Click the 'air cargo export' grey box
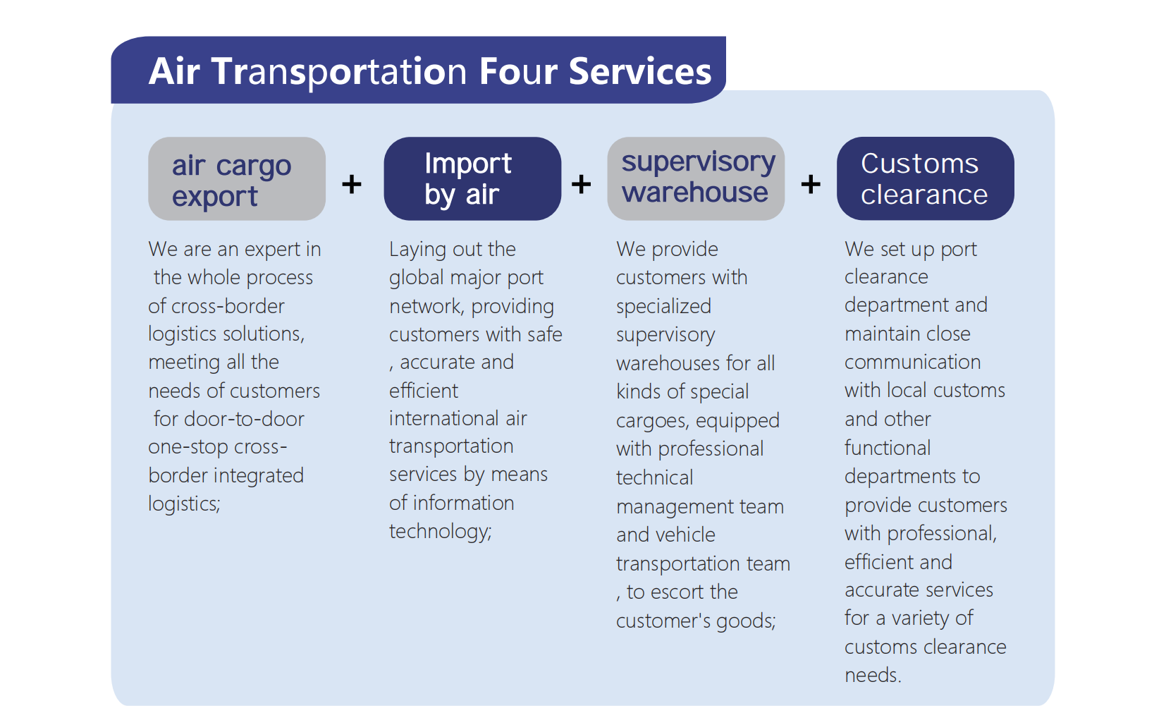pos(237,179)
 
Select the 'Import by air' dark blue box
pos(472,179)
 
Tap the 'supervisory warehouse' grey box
pos(696,179)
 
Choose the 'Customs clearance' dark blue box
pos(925,179)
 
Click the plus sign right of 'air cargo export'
pos(352,185)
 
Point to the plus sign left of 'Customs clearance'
pos(811,185)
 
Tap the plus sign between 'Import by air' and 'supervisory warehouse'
pos(582,185)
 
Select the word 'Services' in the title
pos(640,72)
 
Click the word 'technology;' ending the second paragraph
pos(441,531)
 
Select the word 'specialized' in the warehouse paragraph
pos(663,307)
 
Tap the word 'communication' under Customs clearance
pos(912,362)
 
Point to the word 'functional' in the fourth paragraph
pos(888,448)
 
